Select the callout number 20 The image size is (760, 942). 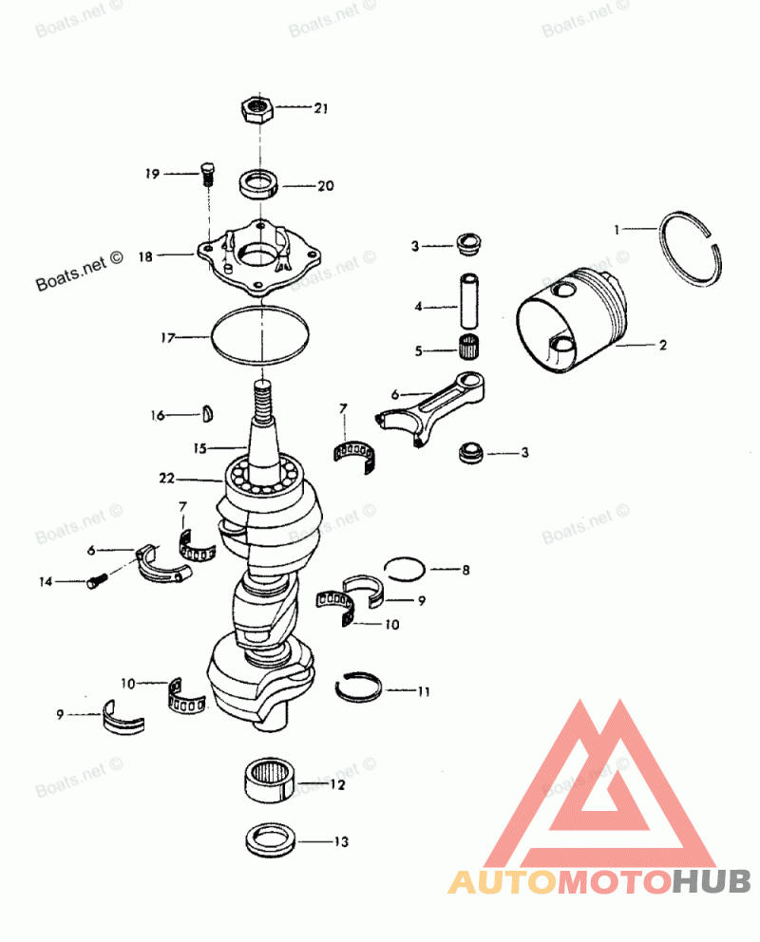tap(325, 186)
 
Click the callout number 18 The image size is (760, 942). tap(145, 255)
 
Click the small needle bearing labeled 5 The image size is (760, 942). tap(468, 349)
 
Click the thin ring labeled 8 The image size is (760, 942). tap(406, 569)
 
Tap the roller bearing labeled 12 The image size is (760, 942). tap(271, 782)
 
